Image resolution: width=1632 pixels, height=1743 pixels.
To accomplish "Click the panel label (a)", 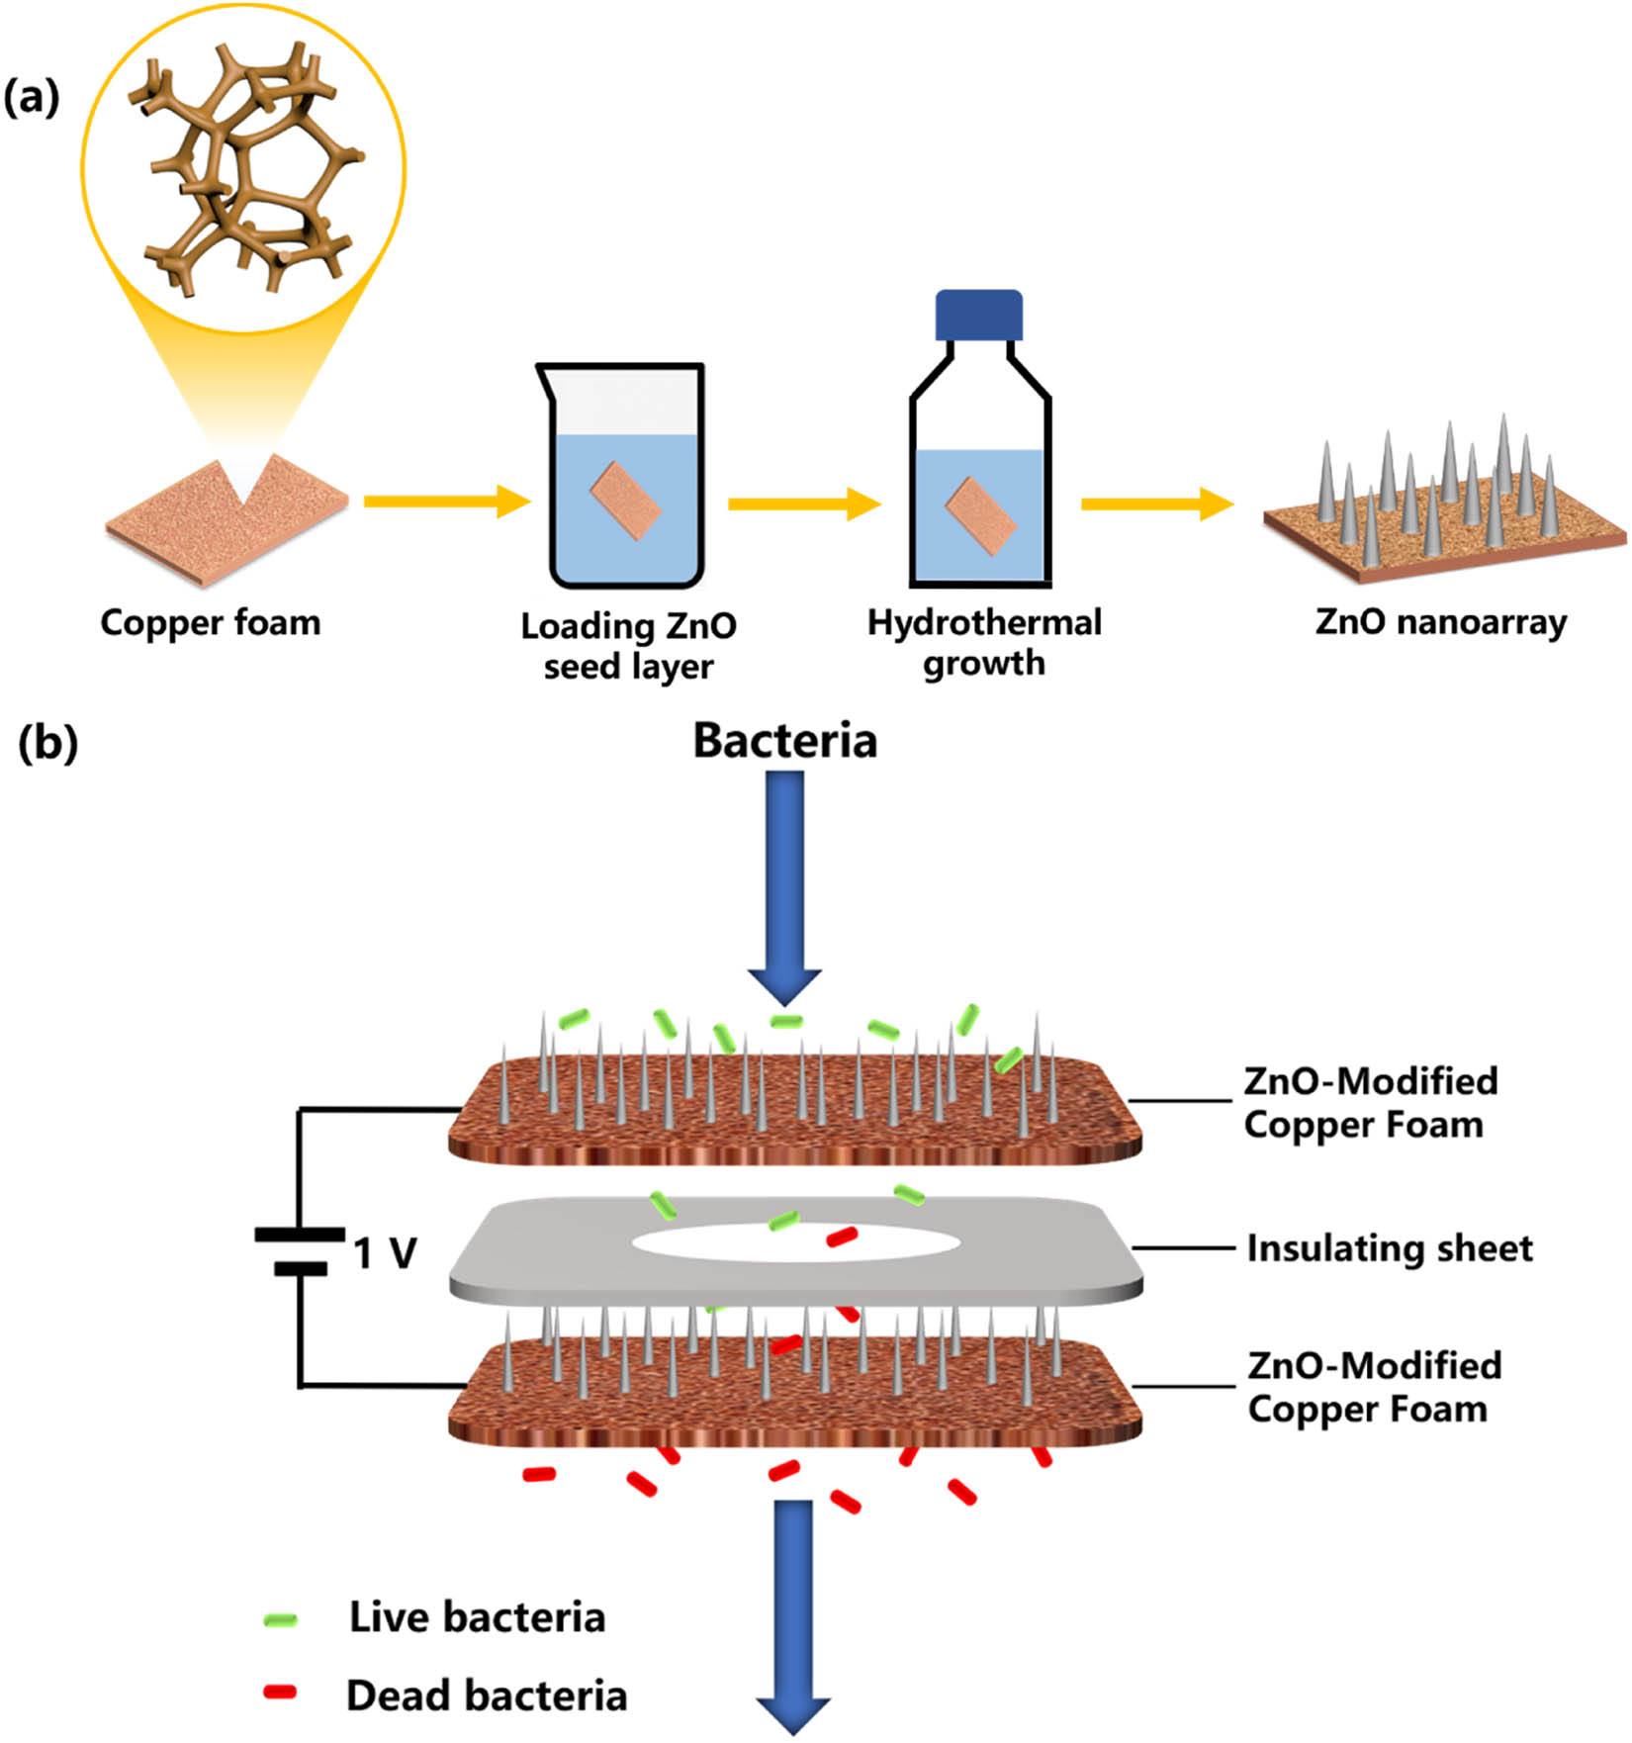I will click(x=32, y=99).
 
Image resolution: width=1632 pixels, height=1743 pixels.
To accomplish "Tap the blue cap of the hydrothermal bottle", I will click(x=978, y=315).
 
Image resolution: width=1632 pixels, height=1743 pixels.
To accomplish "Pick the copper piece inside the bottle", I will click(x=980, y=516).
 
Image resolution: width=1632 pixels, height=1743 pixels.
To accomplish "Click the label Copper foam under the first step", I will click(x=211, y=623).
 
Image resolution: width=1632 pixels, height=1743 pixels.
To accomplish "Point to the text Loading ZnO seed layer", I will click(x=629, y=646).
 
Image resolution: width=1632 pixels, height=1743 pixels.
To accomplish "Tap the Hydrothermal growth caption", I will click(x=984, y=643).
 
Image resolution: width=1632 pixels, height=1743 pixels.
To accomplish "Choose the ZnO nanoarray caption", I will click(x=1441, y=622).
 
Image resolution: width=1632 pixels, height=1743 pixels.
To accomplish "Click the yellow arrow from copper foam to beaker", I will click(x=445, y=502).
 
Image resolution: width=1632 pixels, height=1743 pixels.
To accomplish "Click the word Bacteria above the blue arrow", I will click(x=784, y=741).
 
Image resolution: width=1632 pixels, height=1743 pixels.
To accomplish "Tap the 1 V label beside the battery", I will click(x=386, y=1253).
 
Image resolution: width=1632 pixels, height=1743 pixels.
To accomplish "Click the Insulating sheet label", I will click(x=1389, y=1248).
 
